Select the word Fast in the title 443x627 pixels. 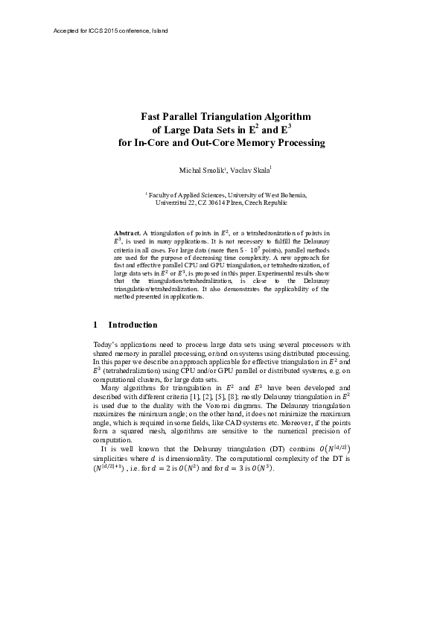(x=152, y=116)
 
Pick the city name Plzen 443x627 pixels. (x=240, y=203)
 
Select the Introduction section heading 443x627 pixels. (x=133, y=325)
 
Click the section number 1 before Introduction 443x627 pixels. (x=96, y=325)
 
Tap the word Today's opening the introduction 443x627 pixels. (x=106, y=345)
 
